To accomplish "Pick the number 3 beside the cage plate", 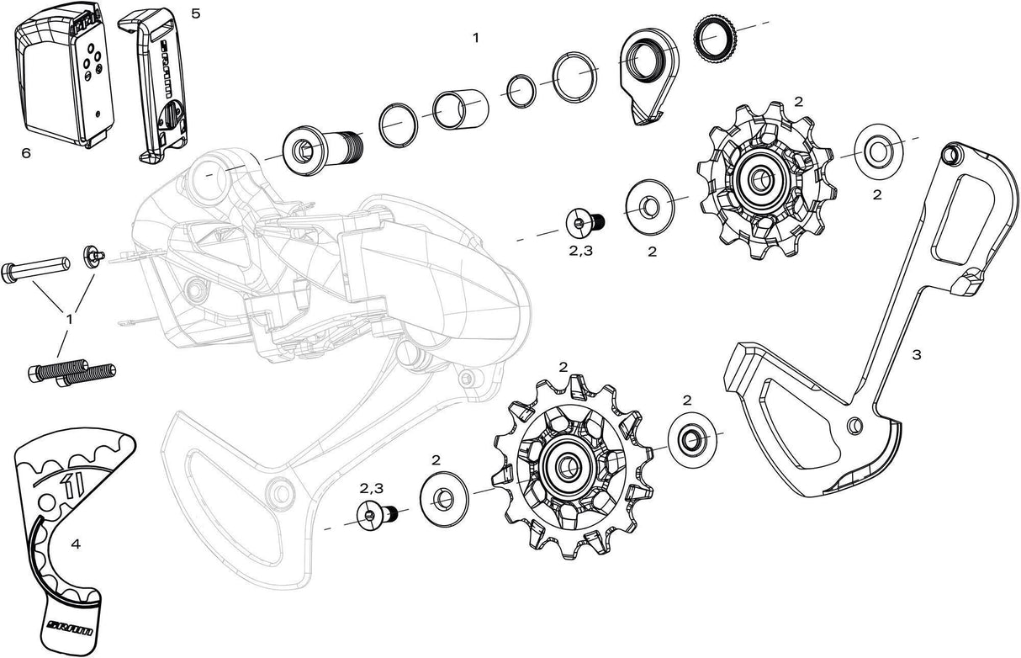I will click(x=916, y=355).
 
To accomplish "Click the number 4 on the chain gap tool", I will click(x=76, y=544).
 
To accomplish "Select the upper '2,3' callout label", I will click(x=581, y=251).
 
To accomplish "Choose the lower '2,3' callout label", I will click(x=372, y=488).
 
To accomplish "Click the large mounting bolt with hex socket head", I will click(x=322, y=151).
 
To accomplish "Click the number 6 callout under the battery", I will click(x=26, y=153).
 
